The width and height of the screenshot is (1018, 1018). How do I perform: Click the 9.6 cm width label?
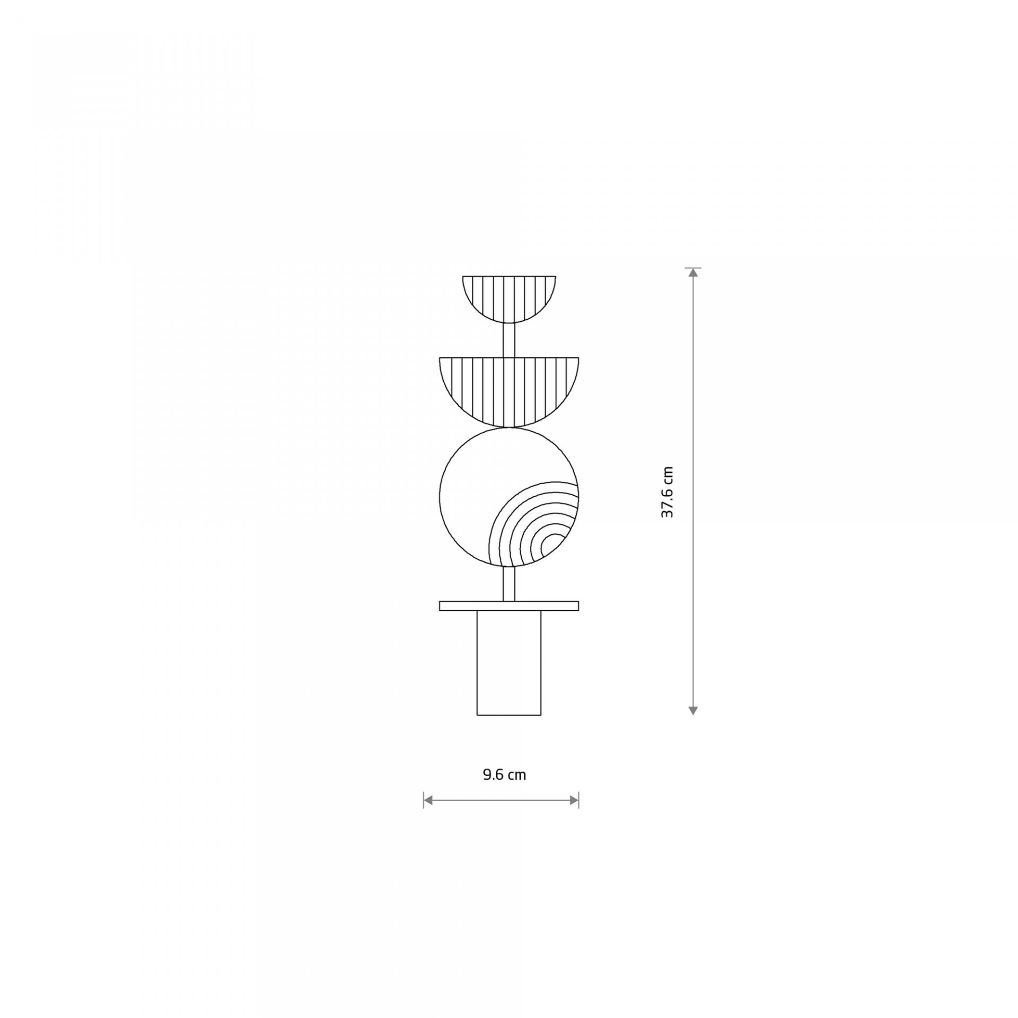coord(504,775)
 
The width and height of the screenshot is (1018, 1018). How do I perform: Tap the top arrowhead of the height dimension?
coord(692,273)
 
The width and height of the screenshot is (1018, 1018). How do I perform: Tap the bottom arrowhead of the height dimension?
coord(692,710)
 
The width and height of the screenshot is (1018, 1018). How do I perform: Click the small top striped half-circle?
coord(509,299)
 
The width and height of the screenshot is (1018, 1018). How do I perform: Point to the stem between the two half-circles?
coord(509,340)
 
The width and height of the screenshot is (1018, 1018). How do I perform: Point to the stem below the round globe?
coord(509,584)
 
